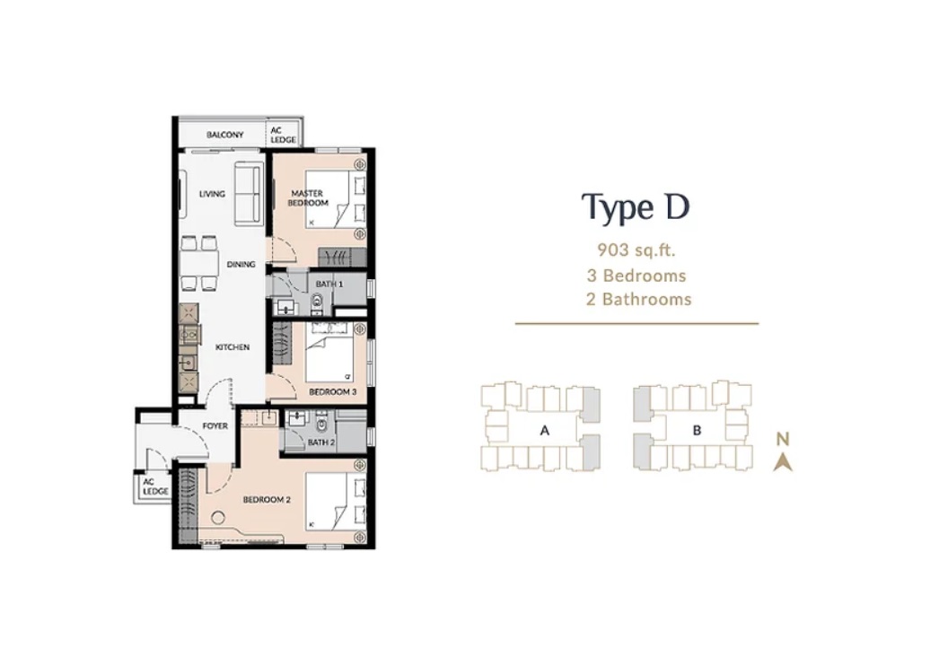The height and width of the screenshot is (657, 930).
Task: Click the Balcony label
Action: pos(224,135)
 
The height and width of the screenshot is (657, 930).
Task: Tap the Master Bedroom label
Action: pos(308,198)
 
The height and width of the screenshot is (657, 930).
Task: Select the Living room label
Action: pos(212,194)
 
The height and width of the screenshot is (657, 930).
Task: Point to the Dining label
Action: pos(241,265)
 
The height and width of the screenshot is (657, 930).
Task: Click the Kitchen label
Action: pos(232,346)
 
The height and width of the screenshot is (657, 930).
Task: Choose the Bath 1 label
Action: pos(329,284)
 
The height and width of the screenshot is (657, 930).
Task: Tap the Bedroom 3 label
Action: pos(333,392)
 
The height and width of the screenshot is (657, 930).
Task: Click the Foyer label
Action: pos(215,425)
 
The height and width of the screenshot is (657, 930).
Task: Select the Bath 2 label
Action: pos(320,442)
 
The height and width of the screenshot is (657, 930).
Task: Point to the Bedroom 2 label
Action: pos(267,500)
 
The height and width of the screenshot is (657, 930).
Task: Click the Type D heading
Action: pos(636,208)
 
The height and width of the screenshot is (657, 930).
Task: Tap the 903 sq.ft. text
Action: pos(636,250)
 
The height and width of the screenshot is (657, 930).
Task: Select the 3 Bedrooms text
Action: pos(636,276)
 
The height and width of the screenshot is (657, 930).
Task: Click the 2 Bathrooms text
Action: pos(639,299)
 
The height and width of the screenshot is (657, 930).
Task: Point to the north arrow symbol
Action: pos(783,462)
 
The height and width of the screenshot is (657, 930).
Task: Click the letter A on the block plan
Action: pos(545,431)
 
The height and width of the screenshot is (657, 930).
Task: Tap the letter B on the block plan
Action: pos(697,431)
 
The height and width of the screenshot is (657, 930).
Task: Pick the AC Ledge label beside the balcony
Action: pos(283,136)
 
